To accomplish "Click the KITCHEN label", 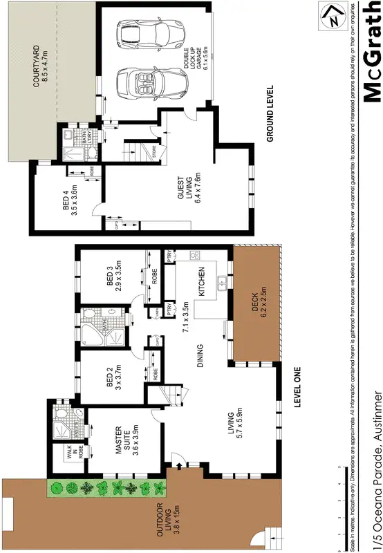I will pos(203,282).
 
